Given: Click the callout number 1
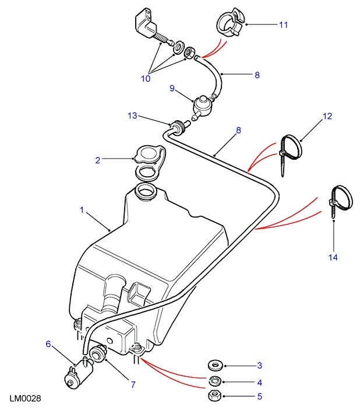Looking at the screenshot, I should [82, 209].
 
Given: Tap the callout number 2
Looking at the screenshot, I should [97, 159].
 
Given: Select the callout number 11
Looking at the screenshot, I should [283, 25].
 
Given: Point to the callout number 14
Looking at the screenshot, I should [334, 257].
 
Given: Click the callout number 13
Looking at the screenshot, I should [133, 117].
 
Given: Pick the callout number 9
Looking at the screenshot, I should [172, 88].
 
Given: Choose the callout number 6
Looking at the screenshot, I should [48, 344].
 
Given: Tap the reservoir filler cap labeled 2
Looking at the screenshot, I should [147, 156].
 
